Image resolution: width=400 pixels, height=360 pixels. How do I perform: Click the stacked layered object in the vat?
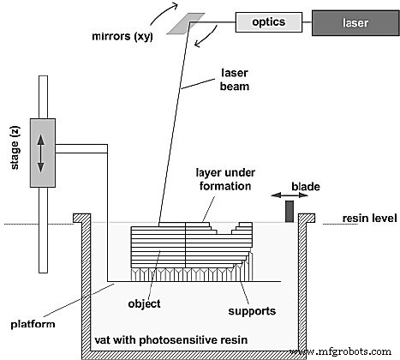click(x=180, y=249)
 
